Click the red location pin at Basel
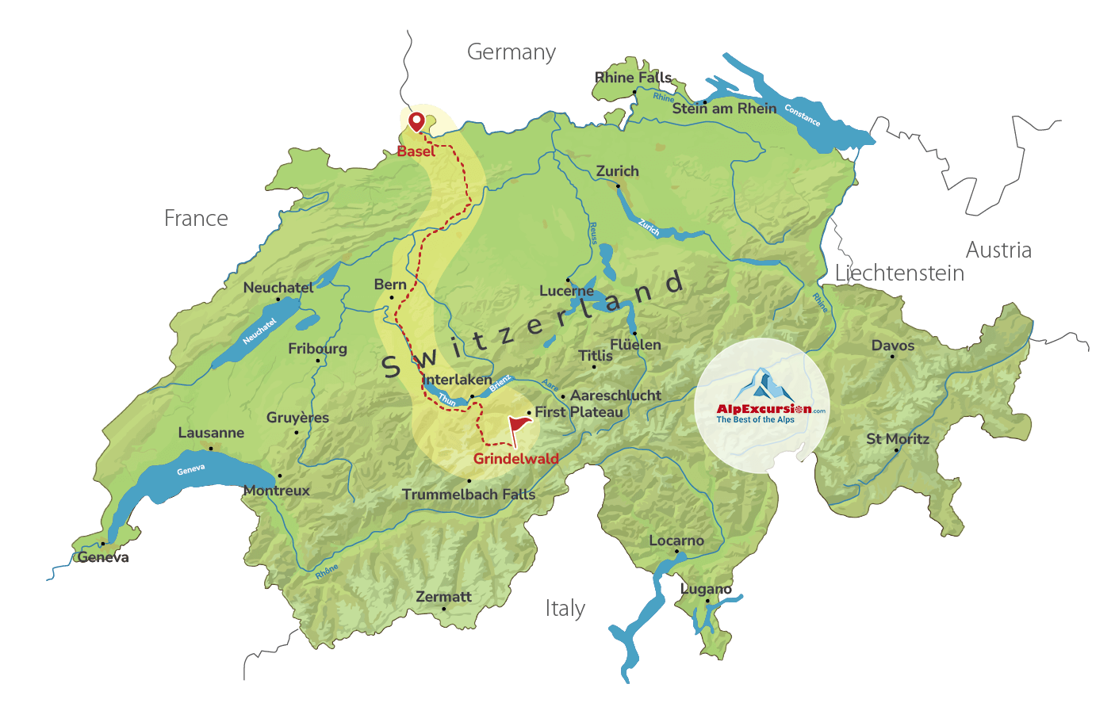416,121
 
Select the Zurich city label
617,171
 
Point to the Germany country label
511,52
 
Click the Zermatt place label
443,596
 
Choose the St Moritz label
897,438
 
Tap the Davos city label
892,346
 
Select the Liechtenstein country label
899,273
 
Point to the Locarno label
676,541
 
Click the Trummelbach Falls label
468,495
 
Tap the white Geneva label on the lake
190,470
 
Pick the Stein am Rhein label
724,109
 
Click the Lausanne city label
211,433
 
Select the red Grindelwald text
515,459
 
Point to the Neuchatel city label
278,288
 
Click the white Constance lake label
802,116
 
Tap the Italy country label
565,609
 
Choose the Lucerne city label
566,291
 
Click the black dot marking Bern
391,297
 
